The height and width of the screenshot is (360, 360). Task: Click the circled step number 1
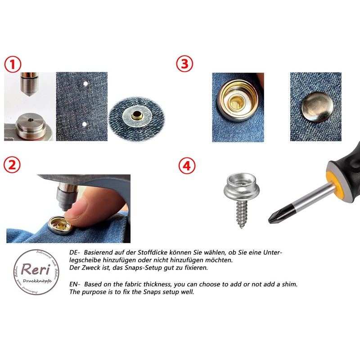click(x=13, y=64)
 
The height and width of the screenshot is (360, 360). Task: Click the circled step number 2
click(x=12, y=165)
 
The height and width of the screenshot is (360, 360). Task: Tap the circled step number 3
click(x=184, y=64)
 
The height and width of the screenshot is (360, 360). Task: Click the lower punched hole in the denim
click(x=84, y=123)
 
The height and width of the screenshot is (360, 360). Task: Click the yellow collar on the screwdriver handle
click(x=331, y=180)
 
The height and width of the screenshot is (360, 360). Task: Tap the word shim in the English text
click(x=288, y=284)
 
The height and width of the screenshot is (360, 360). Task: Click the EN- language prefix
click(x=75, y=284)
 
